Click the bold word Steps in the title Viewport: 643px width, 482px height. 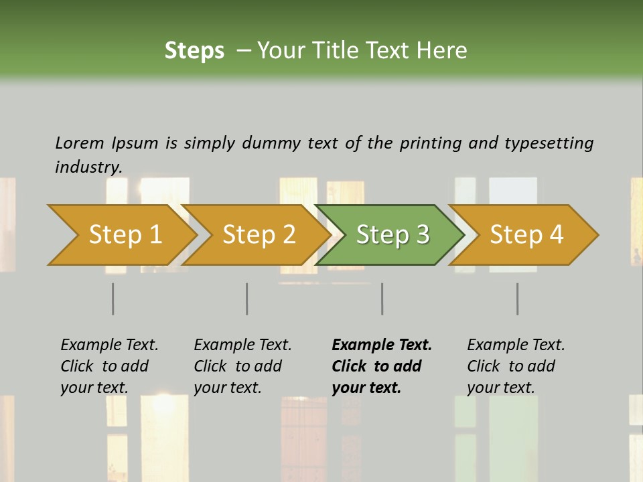click(x=194, y=51)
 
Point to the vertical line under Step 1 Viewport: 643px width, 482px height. click(x=113, y=299)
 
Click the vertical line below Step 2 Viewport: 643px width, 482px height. click(x=247, y=299)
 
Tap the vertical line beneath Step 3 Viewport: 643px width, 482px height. click(x=382, y=299)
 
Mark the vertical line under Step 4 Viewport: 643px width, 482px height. click(x=518, y=299)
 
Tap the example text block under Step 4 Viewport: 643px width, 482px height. click(x=516, y=366)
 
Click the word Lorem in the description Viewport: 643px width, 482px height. click(x=80, y=143)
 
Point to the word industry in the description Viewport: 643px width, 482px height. click(x=88, y=167)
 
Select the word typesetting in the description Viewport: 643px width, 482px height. click(x=549, y=143)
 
